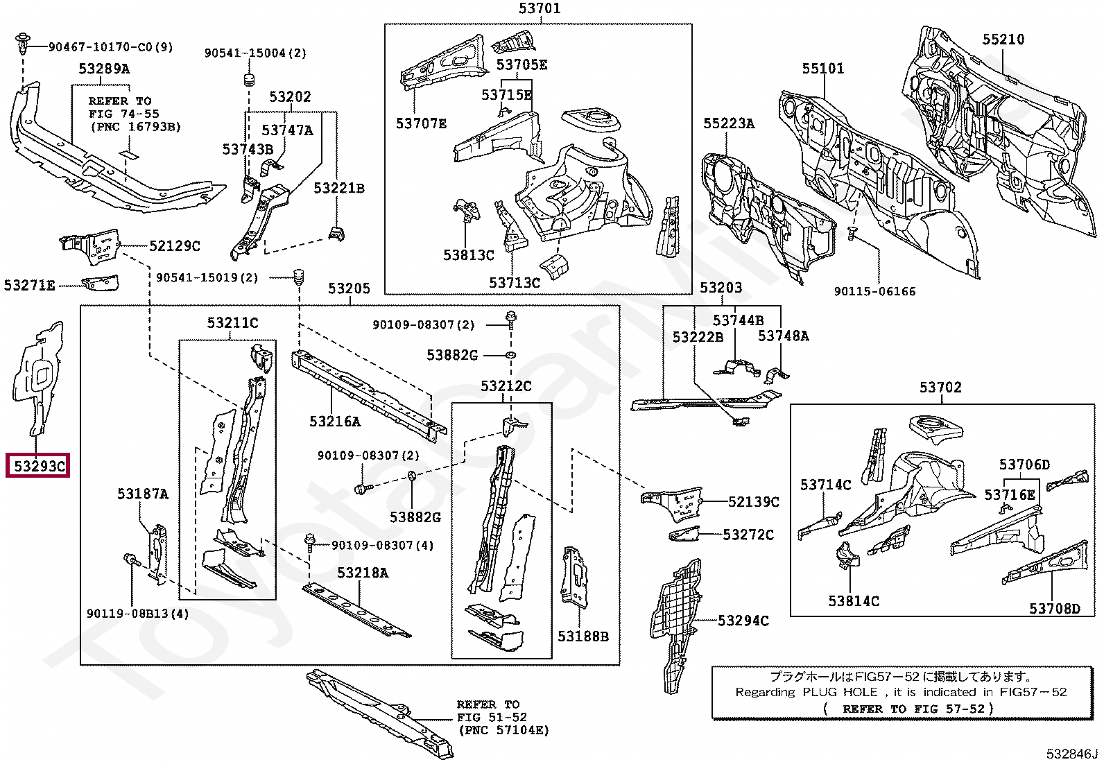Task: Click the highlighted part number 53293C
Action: [x=39, y=466]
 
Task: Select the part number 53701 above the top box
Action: [x=540, y=8]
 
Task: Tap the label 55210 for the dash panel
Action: [x=1003, y=40]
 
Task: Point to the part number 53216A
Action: [x=335, y=422]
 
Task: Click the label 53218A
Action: [x=363, y=573]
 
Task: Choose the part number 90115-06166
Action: [x=875, y=291]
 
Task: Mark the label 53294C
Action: [x=743, y=621]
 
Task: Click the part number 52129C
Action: [x=175, y=246]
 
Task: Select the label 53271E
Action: [x=30, y=286]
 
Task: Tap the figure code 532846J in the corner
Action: [x=1073, y=754]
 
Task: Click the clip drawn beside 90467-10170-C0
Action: [x=22, y=42]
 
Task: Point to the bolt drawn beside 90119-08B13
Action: [x=132, y=560]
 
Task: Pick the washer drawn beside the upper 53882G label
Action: [x=511, y=354]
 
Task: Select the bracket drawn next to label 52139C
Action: [x=672, y=503]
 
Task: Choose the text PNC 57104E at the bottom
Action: [x=503, y=731]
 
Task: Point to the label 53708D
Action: [x=1055, y=609]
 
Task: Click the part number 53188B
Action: [x=583, y=637]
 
